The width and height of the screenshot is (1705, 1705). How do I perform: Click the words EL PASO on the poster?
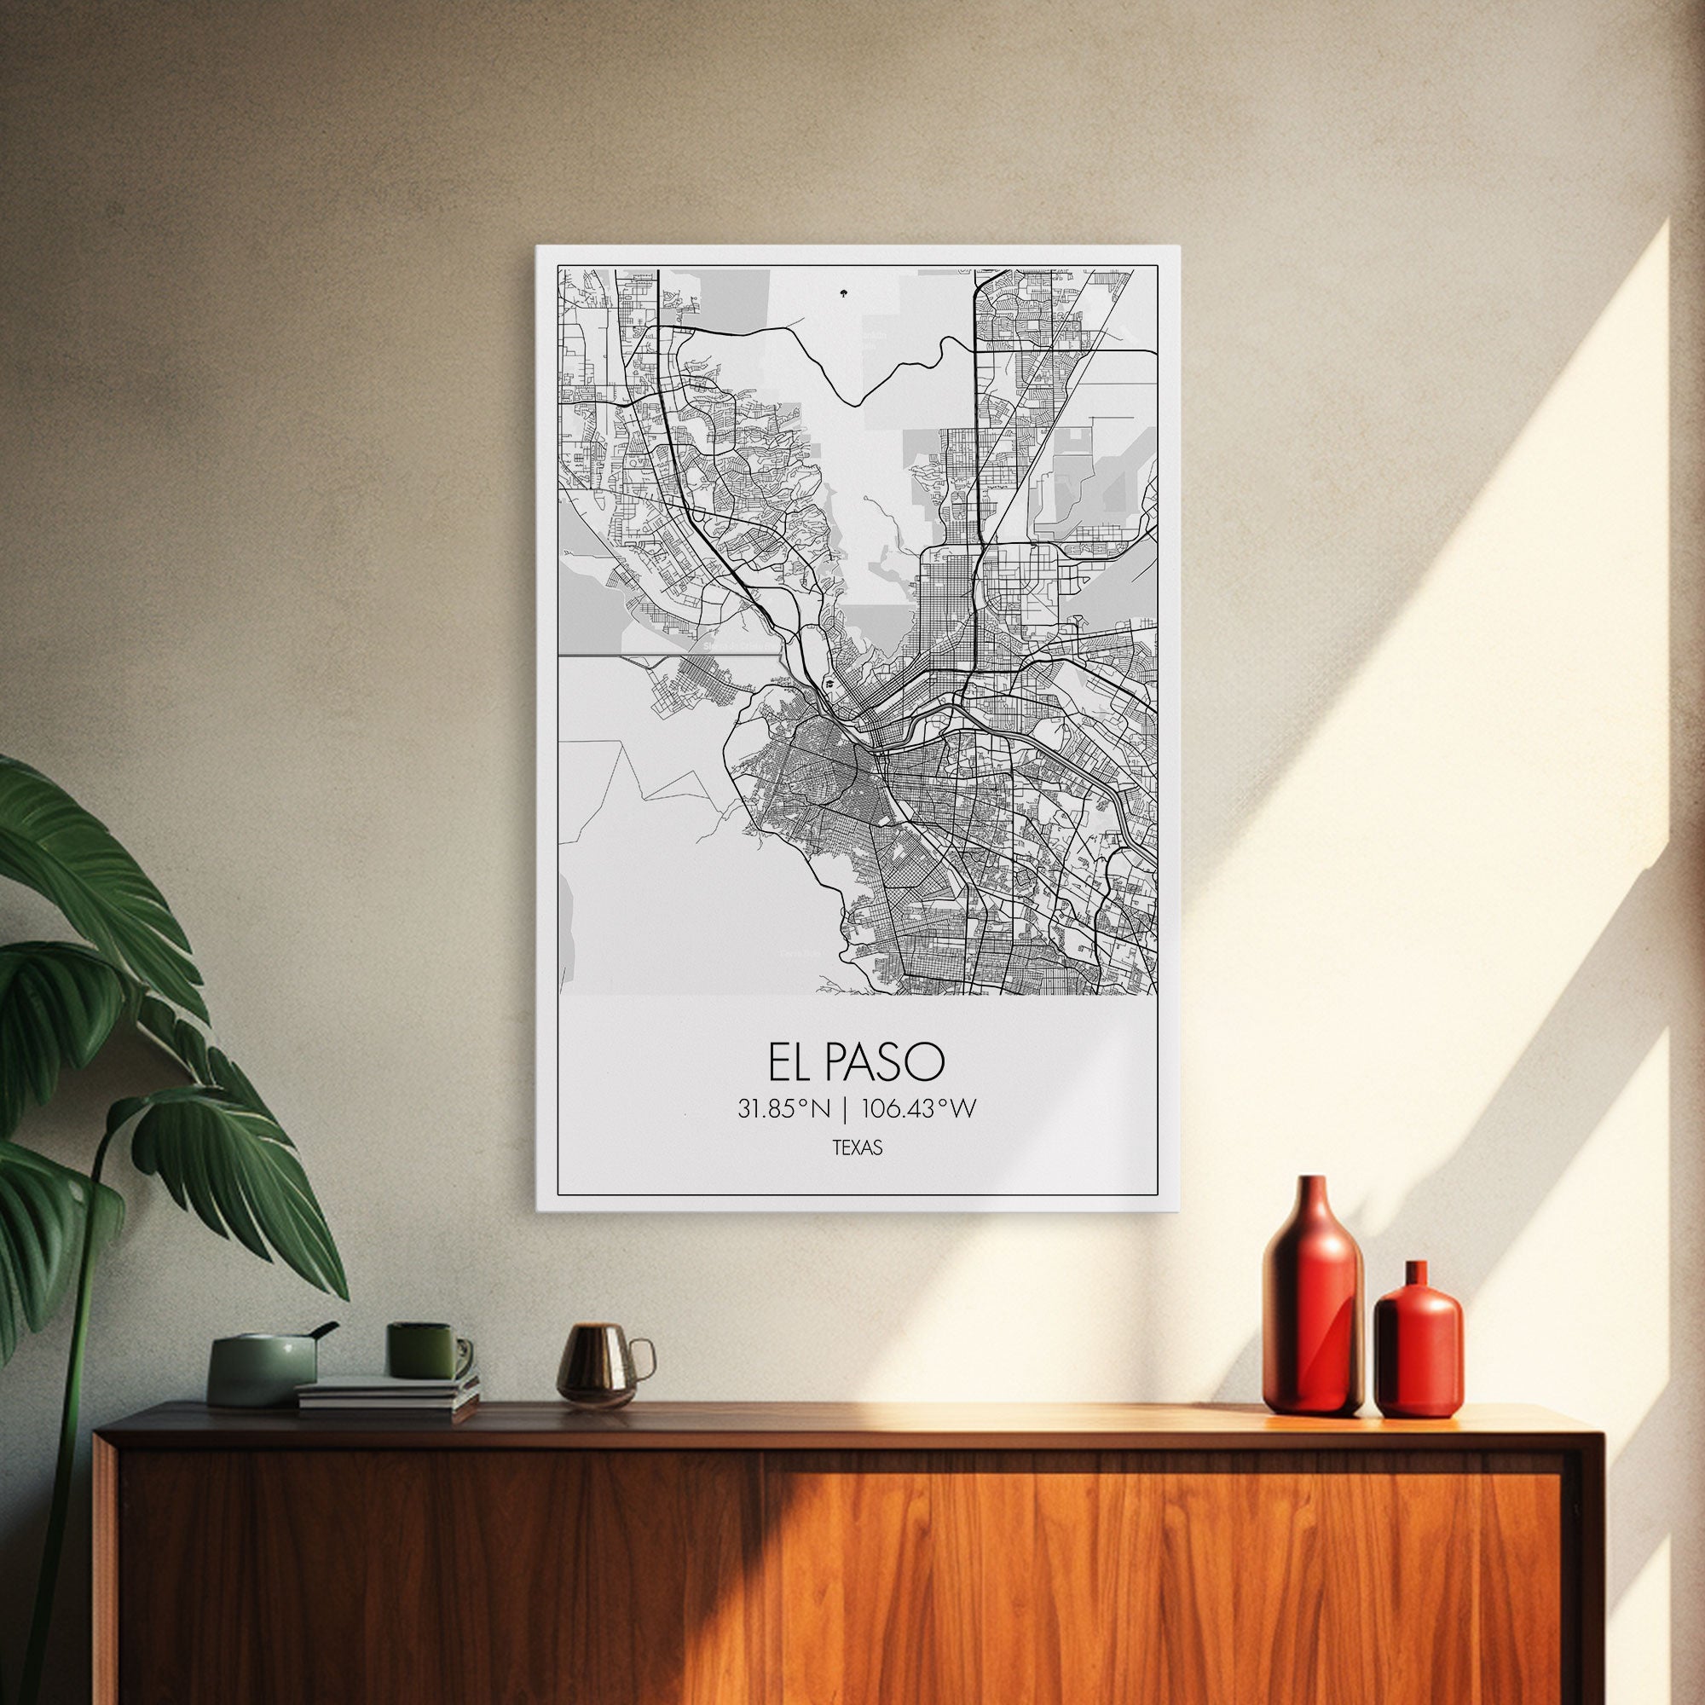click(856, 1063)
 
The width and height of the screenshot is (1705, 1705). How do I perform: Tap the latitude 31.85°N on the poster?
click(785, 1109)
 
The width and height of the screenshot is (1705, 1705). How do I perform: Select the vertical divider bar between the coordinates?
click(847, 1109)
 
